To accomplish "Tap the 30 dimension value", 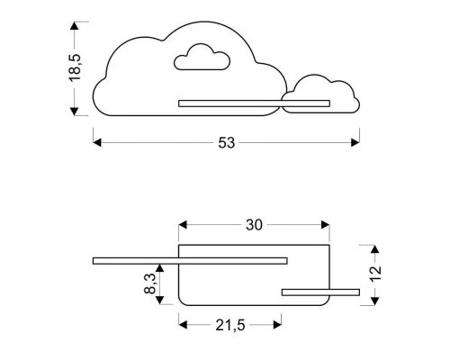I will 254,226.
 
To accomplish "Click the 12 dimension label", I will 376,272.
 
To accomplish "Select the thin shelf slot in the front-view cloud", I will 229,103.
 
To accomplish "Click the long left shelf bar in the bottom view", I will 189,261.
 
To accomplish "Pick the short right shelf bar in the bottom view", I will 319,291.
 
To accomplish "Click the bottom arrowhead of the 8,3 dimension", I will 160,299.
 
